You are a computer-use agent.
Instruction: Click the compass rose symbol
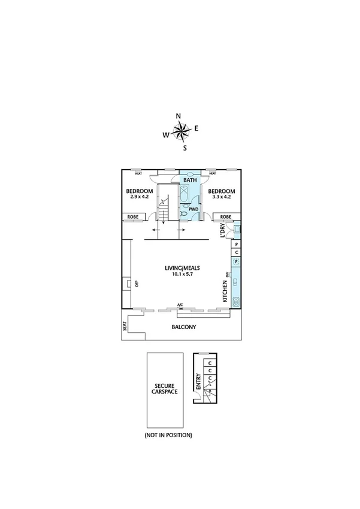pyautogui.click(x=181, y=129)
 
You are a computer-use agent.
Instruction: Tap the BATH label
pyautogui.click(x=190, y=180)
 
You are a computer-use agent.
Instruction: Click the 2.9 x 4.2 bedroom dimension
pyautogui.click(x=140, y=197)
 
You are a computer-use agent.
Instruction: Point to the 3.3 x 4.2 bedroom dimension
pyautogui.click(x=221, y=197)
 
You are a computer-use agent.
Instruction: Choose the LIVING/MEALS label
pyautogui.click(x=180, y=268)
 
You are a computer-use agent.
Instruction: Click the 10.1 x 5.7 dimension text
pyautogui.click(x=180, y=275)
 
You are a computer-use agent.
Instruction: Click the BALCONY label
pyautogui.click(x=184, y=327)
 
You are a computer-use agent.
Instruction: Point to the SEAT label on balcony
pyautogui.click(x=125, y=327)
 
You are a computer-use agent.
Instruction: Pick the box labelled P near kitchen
pyautogui.click(x=237, y=245)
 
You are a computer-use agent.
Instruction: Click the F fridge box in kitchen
pyautogui.click(x=237, y=261)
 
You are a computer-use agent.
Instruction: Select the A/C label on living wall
pyautogui.click(x=180, y=306)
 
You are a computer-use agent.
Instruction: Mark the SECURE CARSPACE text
pyautogui.click(x=165, y=388)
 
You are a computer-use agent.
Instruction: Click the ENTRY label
pyautogui.click(x=198, y=382)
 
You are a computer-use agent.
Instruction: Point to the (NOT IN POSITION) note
pyautogui.click(x=168, y=435)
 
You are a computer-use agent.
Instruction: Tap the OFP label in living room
pyautogui.click(x=137, y=285)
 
